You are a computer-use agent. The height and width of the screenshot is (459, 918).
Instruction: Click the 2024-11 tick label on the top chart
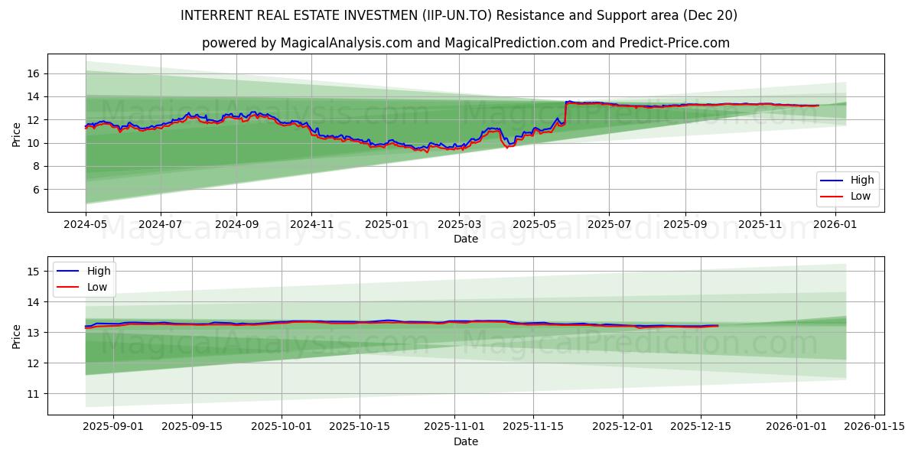(311, 225)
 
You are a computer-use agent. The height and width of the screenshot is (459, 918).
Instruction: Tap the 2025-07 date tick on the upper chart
(609, 225)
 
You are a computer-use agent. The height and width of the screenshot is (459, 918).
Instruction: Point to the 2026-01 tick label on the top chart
(835, 225)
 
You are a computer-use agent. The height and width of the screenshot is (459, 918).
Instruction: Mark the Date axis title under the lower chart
(465, 441)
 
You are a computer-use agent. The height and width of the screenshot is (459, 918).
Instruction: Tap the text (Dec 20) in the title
(711, 15)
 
